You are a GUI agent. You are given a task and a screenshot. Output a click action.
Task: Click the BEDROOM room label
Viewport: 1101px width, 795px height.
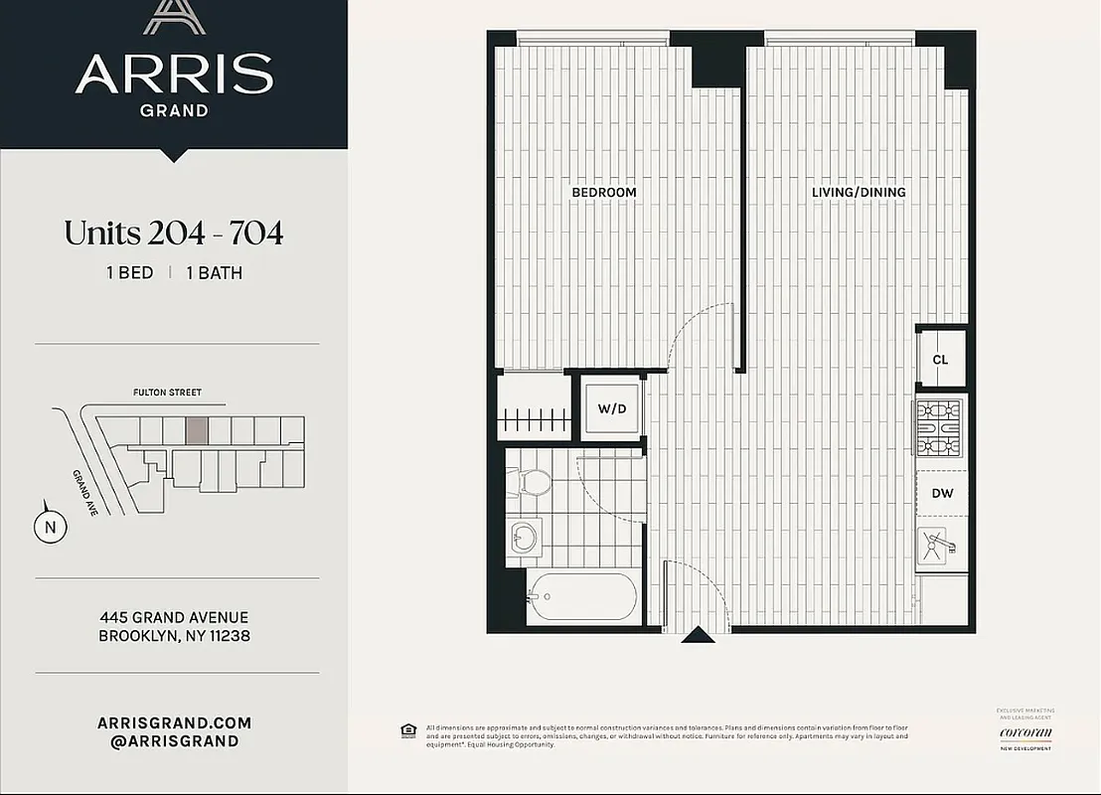click(603, 192)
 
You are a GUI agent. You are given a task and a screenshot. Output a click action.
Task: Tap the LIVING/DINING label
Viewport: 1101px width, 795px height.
click(858, 192)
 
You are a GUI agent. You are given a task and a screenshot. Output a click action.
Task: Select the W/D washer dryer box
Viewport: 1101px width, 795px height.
click(612, 408)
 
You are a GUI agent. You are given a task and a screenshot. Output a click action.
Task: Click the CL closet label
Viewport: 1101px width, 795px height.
click(940, 360)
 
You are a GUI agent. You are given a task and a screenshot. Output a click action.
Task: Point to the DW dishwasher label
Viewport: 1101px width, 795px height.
click(942, 493)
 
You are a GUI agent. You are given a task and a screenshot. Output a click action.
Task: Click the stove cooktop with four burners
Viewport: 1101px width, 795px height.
click(939, 427)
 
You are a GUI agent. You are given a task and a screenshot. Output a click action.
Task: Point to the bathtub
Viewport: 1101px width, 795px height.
click(581, 596)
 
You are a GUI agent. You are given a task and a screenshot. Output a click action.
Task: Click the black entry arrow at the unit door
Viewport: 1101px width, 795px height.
click(697, 634)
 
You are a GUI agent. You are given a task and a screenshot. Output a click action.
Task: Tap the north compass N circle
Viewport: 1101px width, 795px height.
click(50, 528)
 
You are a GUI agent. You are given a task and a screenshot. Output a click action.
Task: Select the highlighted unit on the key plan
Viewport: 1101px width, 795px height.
click(197, 429)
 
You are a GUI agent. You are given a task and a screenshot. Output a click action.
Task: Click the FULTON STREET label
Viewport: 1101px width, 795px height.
click(167, 393)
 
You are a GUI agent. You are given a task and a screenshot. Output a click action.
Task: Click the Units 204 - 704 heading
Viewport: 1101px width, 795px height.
click(174, 233)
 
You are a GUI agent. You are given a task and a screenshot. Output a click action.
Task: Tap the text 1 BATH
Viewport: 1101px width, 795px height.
click(214, 272)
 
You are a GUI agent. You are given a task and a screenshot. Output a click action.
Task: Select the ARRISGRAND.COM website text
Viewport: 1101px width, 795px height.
click(174, 722)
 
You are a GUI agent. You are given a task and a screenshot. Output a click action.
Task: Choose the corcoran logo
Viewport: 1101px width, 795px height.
click(1025, 733)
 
